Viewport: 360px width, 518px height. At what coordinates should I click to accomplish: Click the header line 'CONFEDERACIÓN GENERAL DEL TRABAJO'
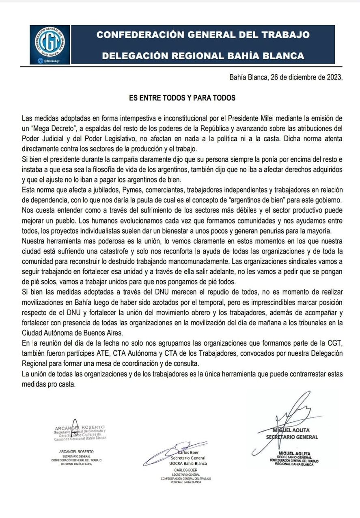pyautogui.click(x=203, y=35)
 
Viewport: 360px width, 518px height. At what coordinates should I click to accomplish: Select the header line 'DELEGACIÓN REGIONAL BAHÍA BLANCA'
pyautogui.click(x=203, y=55)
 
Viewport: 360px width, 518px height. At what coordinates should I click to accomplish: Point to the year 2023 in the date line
pyautogui.click(x=334, y=77)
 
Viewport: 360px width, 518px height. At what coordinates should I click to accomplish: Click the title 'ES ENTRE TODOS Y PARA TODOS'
pyautogui.click(x=182, y=98)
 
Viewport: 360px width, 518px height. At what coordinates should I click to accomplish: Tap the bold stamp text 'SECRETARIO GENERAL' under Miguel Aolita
pyautogui.click(x=292, y=437)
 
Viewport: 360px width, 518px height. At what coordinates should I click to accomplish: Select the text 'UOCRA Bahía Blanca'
pyautogui.click(x=188, y=463)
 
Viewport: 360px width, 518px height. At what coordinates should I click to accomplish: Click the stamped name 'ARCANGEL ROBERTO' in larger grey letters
pyautogui.click(x=80, y=428)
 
